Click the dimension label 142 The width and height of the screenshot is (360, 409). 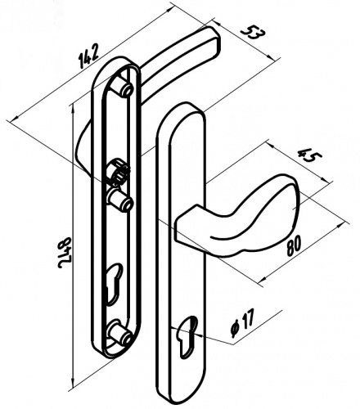pos(88,56)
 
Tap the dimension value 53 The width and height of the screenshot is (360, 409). pos(253,33)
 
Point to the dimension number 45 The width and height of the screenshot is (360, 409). pos(310,155)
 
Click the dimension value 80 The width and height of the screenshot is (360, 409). pos(294,245)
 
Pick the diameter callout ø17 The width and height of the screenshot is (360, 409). pos(242,322)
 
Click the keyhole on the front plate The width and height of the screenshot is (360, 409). pos(186,337)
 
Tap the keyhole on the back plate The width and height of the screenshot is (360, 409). pos(115,284)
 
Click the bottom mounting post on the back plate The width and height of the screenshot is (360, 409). pos(121,331)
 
